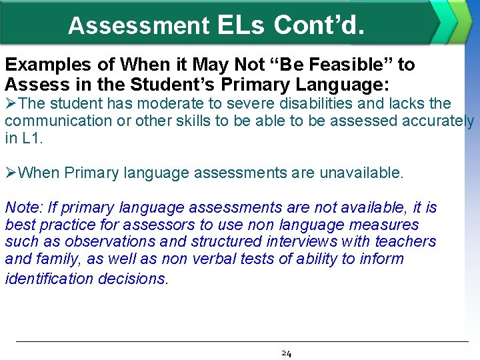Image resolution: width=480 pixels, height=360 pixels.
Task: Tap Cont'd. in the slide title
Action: coord(319,25)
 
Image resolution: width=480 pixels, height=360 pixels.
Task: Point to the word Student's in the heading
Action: coord(202,85)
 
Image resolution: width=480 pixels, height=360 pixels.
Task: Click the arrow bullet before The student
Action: coord(11,103)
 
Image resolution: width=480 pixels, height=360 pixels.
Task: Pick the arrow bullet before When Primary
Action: coord(11,173)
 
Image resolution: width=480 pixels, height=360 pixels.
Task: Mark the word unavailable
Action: coord(361,173)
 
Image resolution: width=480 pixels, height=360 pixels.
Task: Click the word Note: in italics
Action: coord(23,208)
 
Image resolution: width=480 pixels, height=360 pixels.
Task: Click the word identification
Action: coord(49,278)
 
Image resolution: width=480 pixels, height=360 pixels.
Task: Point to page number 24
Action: coord(286,353)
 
